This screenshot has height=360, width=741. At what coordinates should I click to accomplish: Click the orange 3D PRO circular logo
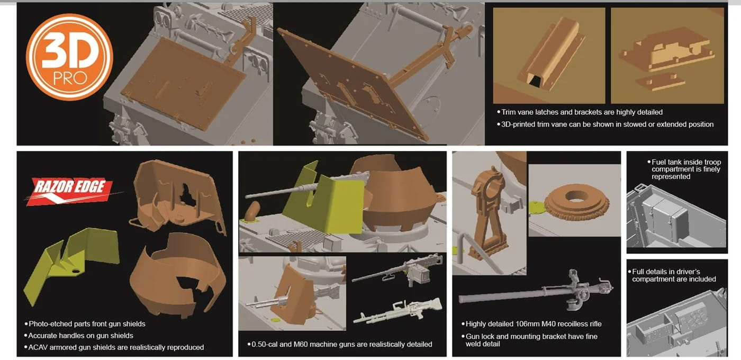pos(69,57)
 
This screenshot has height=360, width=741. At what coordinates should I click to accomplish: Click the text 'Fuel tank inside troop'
pos(686,162)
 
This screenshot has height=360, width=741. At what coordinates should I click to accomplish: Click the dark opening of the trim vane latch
pos(534,80)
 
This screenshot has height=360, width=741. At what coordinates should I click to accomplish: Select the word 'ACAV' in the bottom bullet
pos(38,347)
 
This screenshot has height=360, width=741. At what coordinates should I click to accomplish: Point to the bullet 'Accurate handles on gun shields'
pos(80,336)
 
